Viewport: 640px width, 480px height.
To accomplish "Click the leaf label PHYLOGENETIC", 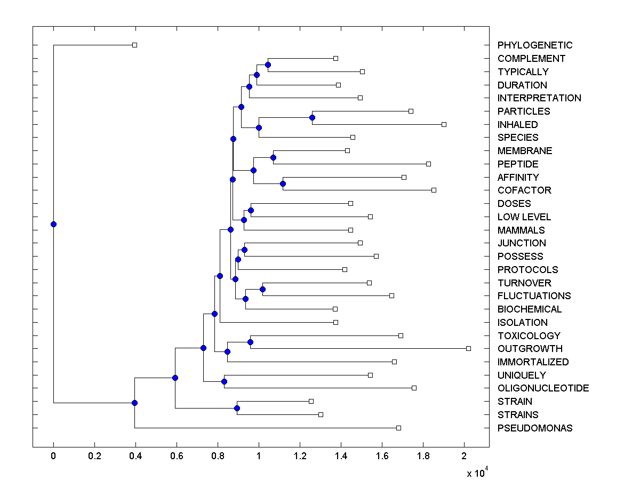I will (535, 45).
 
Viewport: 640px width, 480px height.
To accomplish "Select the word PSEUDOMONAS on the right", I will (535, 428).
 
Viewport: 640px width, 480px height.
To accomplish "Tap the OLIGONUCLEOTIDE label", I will (543, 388).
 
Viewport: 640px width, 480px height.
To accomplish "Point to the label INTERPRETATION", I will (539, 98).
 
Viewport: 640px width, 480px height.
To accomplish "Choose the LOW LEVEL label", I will (524, 217).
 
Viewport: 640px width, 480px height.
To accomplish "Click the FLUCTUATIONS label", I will (534, 296).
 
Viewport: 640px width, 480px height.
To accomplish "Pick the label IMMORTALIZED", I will (533, 362).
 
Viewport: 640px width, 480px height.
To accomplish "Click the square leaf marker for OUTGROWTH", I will (468, 348).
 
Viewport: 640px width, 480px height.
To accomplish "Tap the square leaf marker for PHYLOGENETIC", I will (134, 45).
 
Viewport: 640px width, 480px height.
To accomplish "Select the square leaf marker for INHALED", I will (444, 124).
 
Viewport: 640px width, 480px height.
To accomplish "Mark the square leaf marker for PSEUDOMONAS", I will (398, 428).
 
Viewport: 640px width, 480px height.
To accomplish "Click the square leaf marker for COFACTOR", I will (434, 190).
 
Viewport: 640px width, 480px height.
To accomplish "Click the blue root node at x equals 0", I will (53, 224).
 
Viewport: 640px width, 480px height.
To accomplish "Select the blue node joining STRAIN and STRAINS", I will (237, 408).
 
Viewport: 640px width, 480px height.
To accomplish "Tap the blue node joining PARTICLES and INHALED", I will (312, 117).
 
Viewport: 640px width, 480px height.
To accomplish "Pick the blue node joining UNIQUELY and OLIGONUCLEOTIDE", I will (224, 381).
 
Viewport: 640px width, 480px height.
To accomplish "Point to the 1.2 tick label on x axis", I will (300, 456).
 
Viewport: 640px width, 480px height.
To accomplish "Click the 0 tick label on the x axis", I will (53, 456).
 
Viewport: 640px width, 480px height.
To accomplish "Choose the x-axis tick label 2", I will (464, 456).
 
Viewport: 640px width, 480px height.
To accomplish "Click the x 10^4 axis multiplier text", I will (477, 473).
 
